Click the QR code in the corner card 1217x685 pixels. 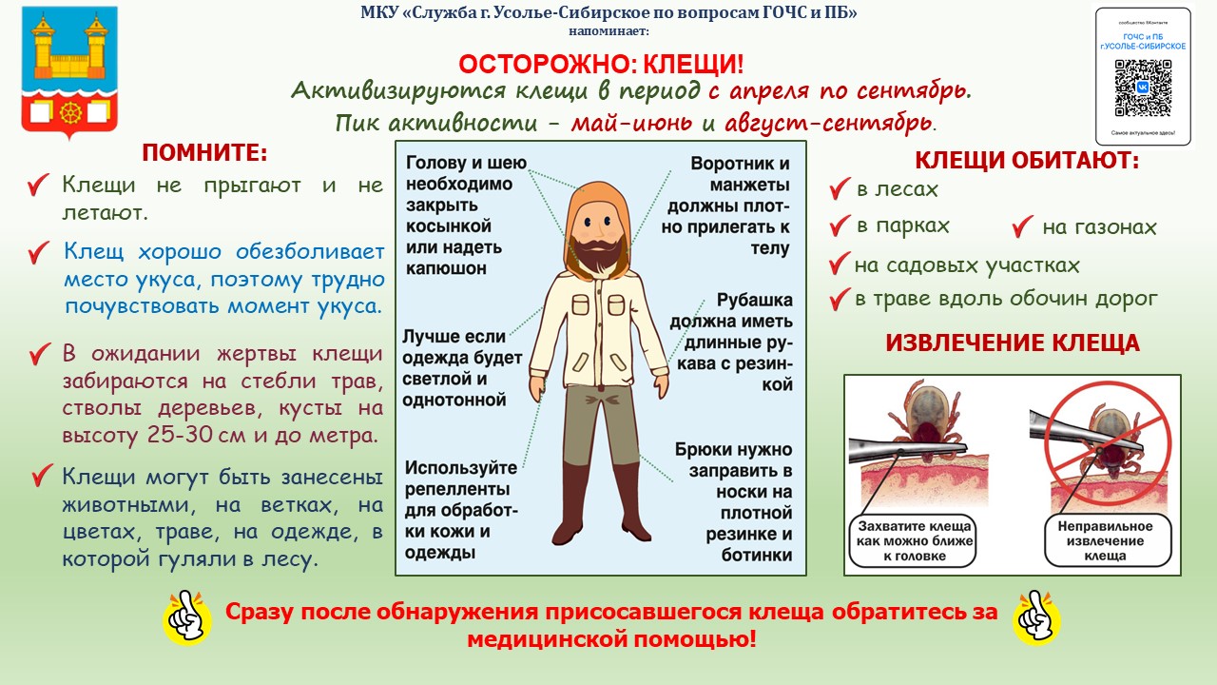[x=1143, y=88]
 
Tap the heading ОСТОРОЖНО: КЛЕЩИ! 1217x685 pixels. [x=601, y=65]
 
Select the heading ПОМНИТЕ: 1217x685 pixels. [x=204, y=153]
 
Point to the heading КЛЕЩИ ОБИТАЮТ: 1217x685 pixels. [x=1027, y=161]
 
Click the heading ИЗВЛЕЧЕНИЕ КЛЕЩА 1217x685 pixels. [x=1013, y=343]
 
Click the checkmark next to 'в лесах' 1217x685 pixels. [x=840, y=188]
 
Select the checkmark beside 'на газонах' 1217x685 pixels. [x=1022, y=226]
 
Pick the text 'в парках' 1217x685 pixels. [x=903, y=225]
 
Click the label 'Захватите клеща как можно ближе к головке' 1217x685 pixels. [x=914, y=541]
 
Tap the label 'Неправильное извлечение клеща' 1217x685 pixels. [x=1105, y=541]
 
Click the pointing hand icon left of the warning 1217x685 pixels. [x=187, y=618]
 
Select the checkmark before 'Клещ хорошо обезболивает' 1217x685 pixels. [x=39, y=253]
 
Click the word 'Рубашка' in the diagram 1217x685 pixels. [x=755, y=300]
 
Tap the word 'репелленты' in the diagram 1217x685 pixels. [x=457, y=489]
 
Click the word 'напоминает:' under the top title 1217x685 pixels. [x=609, y=31]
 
